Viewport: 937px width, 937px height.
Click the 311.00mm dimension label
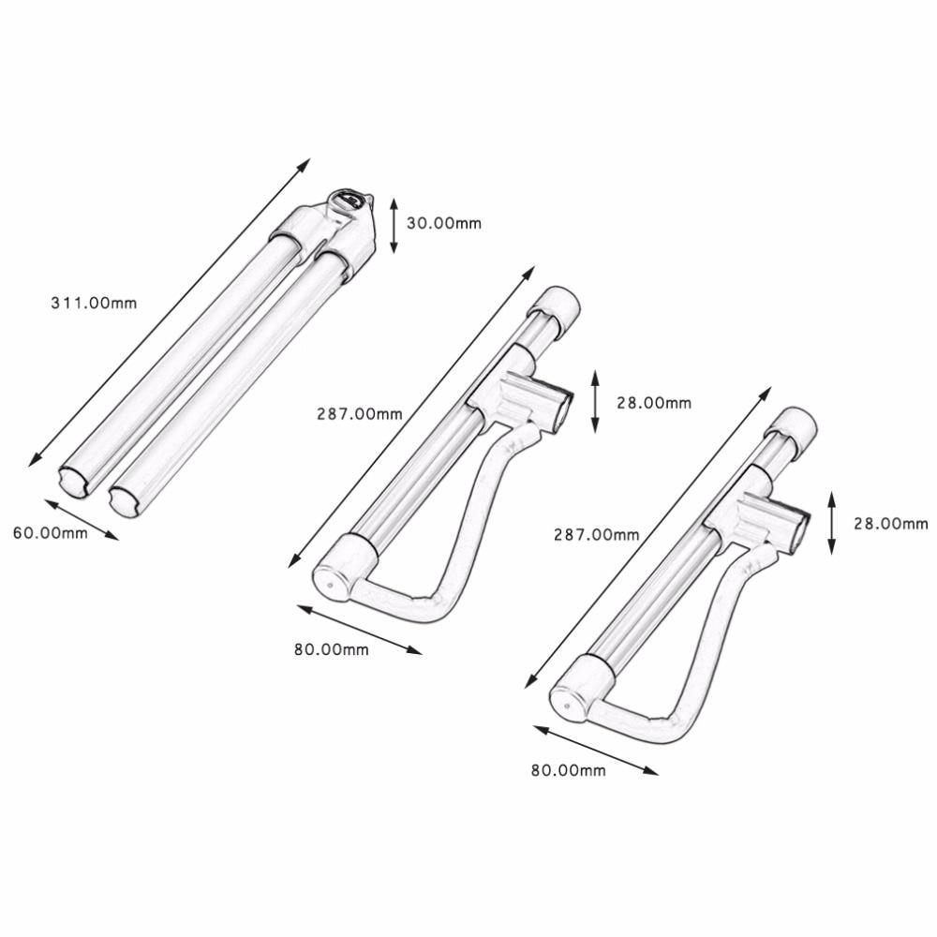(x=94, y=303)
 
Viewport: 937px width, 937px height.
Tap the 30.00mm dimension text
(x=446, y=223)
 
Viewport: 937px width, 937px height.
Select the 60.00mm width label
(x=50, y=533)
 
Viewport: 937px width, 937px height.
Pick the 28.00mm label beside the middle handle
(x=653, y=403)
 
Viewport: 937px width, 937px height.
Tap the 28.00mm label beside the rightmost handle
(x=890, y=524)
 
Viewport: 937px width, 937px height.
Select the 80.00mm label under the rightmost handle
(x=568, y=770)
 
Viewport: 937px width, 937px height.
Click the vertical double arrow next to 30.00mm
(x=394, y=225)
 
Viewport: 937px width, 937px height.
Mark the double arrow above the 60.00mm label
(x=81, y=519)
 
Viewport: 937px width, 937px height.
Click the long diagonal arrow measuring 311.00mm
(x=169, y=313)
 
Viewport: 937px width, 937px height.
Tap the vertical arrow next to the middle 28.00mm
(x=595, y=401)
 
